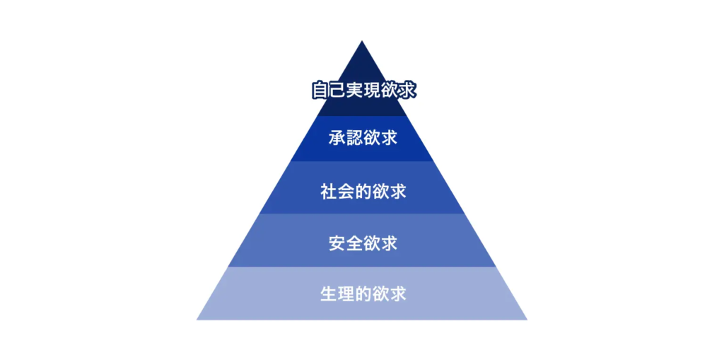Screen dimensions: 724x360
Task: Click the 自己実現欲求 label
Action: click(x=363, y=90)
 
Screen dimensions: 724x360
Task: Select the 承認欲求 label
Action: click(x=363, y=138)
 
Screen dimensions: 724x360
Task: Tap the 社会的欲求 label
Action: click(x=363, y=192)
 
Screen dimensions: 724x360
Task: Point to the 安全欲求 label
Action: click(x=363, y=243)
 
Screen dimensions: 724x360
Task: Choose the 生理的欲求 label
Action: click(x=363, y=294)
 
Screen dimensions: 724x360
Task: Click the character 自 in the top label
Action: click(x=320, y=90)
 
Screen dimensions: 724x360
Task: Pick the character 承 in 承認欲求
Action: click(x=337, y=138)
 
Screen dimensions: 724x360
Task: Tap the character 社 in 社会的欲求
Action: click(x=328, y=192)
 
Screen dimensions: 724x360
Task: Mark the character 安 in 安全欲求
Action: click(x=337, y=243)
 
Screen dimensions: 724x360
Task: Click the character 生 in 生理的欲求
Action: click(x=328, y=294)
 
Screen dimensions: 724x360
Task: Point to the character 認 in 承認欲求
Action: click(x=354, y=138)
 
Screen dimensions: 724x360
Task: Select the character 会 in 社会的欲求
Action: click(x=346, y=192)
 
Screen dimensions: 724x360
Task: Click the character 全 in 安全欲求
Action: click(x=354, y=243)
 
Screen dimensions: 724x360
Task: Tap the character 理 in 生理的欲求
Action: click(x=346, y=294)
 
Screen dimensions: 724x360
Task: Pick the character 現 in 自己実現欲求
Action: click(x=372, y=90)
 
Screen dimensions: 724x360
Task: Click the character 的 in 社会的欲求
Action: click(x=363, y=192)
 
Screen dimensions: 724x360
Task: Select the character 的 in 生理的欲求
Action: click(x=363, y=294)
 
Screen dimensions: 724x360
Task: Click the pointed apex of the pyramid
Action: click(x=361, y=41)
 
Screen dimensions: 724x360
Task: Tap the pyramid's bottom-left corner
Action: click(x=197, y=320)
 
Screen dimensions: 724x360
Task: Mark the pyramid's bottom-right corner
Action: click(x=527, y=320)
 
